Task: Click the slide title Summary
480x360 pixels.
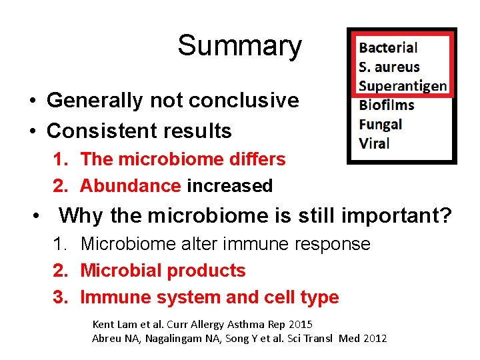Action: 239,46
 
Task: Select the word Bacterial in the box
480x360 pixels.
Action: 388,47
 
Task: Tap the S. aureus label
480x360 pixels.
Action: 389,67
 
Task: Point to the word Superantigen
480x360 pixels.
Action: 402,85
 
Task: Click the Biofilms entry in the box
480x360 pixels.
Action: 387,105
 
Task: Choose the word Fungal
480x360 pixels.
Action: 381,124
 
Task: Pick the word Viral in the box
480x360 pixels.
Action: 374,143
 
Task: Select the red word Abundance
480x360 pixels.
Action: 131,186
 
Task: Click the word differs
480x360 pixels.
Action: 256,159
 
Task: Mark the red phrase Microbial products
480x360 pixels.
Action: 163,271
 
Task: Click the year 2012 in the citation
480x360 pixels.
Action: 375,339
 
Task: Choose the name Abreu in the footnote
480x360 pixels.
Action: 105,339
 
